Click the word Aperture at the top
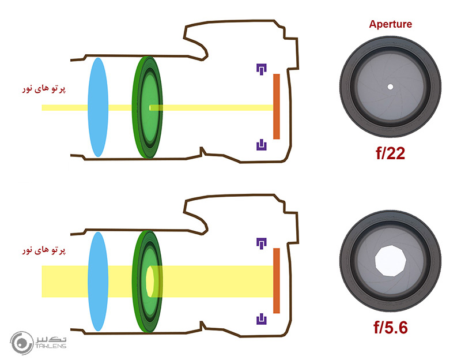pos(390,25)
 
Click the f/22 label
pos(390,153)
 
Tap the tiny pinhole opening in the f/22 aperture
pos(390,87)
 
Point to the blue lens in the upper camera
pos(97,107)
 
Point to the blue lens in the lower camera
pos(97,281)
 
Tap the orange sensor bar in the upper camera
pos(277,106)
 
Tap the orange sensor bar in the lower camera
pos(277,280)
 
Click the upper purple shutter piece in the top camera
pos(261,69)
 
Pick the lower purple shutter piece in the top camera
pos(261,144)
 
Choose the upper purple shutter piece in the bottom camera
pos(261,243)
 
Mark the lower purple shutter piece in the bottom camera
pos(261,318)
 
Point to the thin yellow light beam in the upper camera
pos(219,107)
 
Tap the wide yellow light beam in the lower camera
pos(219,281)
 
